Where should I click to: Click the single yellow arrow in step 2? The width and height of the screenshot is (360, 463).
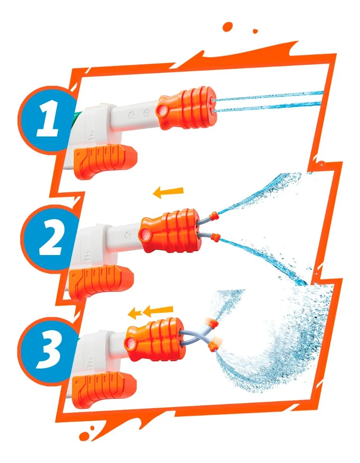pyautogui.click(x=168, y=192)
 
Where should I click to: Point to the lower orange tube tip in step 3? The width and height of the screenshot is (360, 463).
pyautogui.click(x=212, y=344)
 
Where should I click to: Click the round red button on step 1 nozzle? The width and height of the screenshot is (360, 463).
pyautogui.click(x=162, y=111)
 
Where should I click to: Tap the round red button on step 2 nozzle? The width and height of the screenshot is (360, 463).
pyautogui.click(x=144, y=235)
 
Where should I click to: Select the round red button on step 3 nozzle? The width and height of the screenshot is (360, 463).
pyautogui.click(x=129, y=342)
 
